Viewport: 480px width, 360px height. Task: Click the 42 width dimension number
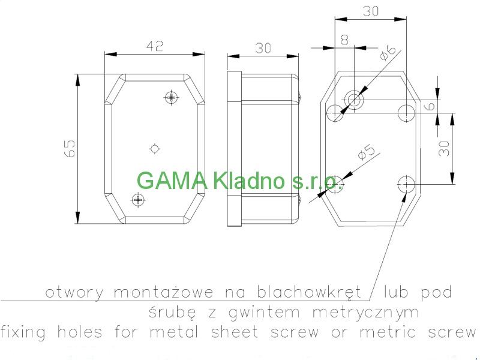tap(155, 46)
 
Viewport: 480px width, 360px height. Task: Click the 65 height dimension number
tap(70, 148)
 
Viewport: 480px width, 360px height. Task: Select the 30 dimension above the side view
tap(263, 49)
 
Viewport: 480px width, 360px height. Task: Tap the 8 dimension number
tap(344, 40)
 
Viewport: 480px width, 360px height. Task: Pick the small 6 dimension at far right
tap(445, 106)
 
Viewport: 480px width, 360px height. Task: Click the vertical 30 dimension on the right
tap(445, 148)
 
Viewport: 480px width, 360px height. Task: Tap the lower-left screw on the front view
tap(139, 200)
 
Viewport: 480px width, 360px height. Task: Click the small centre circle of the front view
tap(155, 148)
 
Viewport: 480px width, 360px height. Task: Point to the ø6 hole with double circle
tap(355, 99)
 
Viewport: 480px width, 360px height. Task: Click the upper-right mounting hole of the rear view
tap(406, 111)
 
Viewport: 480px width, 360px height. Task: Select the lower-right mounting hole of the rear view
tap(406, 183)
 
